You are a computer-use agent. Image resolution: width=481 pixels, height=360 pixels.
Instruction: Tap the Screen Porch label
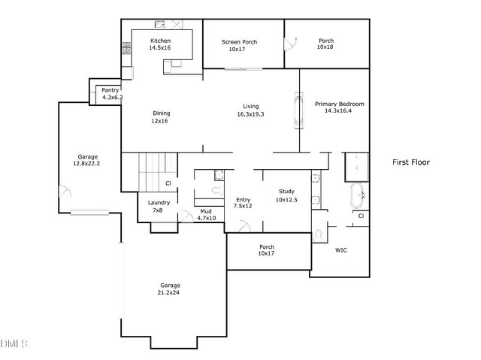click(239, 42)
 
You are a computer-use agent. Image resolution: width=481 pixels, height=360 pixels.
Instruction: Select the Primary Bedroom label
click(339, 104)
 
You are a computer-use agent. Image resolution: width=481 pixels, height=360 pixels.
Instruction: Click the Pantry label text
click(110, 90)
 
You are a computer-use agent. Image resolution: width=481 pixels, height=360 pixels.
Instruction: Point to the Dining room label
click(162, 113)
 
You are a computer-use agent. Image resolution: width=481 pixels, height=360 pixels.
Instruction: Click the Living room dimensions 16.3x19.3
click(250, 114)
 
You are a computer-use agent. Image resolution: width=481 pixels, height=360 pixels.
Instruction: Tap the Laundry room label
click(159, 202)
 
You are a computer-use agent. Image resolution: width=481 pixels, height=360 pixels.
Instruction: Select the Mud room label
click(205, 211)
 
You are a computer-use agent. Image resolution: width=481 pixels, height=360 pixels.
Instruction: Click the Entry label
click(242, 198)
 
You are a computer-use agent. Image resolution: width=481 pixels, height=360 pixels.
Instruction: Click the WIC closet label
click(340, 250)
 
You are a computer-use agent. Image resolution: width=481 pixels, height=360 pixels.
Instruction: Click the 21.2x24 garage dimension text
click(170, 292)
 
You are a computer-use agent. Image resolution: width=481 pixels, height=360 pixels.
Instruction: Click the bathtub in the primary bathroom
click(356, 195)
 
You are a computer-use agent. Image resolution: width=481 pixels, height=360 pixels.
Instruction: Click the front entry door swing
click(244, 225)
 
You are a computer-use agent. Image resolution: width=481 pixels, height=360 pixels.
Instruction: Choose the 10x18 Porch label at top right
click(325, 44)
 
